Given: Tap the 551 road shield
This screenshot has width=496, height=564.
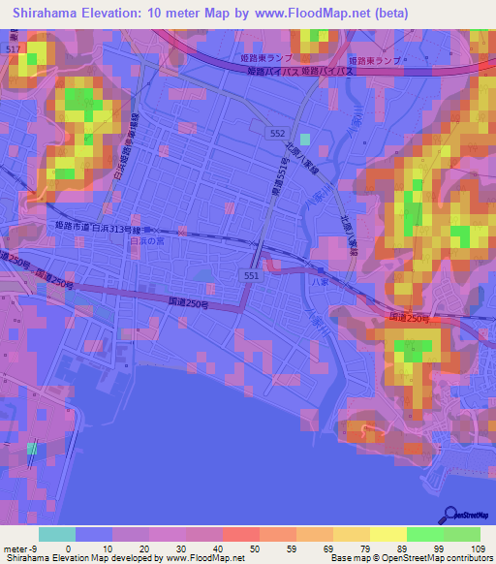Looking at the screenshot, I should pyautogui.click(x=252, y=275).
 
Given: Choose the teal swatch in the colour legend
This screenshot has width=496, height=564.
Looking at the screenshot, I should pyautogui.click(x=57, y=534).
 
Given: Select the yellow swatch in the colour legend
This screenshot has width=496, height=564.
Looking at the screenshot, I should pyautogui.click(x=387, y=534).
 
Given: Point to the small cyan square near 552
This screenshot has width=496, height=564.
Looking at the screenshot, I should pyautogui.click(x=306, y=140).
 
